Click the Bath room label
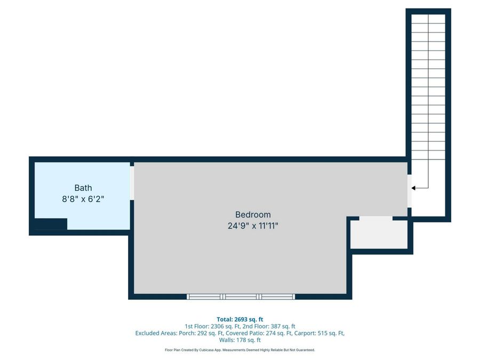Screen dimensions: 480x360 (83, 188)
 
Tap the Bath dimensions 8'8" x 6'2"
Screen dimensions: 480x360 (83, 199)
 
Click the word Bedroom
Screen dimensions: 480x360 (253, 214)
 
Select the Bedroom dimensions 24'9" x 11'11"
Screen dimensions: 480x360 (253, 226)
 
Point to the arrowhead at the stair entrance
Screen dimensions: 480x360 (413, 188)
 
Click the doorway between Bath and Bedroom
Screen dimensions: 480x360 (132, 183)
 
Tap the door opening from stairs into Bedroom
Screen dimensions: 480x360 (409, 191)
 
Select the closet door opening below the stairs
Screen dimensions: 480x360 (375, 219)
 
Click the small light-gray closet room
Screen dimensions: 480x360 (379, 235)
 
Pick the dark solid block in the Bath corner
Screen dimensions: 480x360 (51, 224)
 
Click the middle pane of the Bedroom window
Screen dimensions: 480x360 (241, 297)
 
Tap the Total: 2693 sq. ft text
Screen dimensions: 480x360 (240, 319)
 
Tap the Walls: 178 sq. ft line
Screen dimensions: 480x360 (240, 340)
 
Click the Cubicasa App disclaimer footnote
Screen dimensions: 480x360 (240, 350)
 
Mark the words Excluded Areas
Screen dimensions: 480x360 (156, 333)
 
